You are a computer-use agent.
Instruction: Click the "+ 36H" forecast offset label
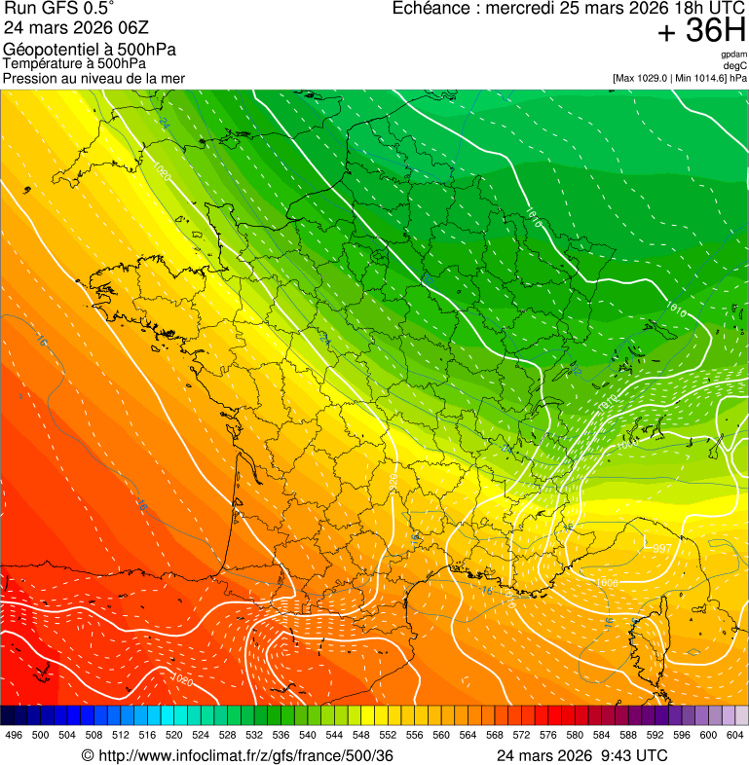(x=701, y=31)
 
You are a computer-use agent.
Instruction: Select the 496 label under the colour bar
(x=14, y=735)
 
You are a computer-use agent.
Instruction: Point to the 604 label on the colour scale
(x=734, y=735)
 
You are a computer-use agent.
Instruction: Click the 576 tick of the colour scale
(x=548, y=735)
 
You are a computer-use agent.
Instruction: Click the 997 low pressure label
(x=662, y=549)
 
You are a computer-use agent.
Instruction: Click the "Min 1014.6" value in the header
(x=702, y=78)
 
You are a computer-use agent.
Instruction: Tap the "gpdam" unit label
(x=734, y=55)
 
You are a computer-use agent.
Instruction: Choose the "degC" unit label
(x=736, y=65)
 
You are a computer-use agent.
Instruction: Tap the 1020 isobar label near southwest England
(x=161, y=171)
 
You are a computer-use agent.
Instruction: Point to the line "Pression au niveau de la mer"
(x=94, y=78)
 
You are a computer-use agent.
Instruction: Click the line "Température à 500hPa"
(x=74, y=63)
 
